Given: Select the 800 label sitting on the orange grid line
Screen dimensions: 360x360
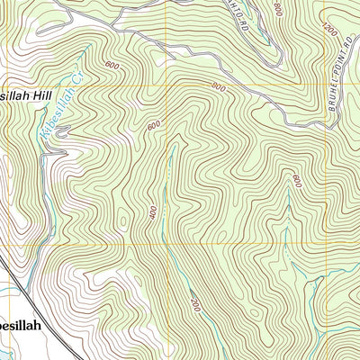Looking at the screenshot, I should click(x=218, y=86).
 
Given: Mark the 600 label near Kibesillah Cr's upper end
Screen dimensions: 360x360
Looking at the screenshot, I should click(x=112, y=66).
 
